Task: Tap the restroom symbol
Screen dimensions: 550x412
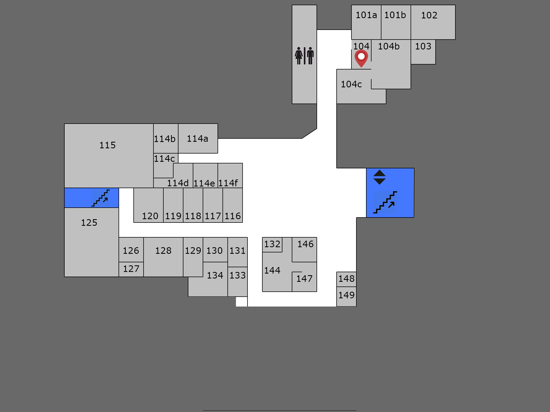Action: pos(304,56)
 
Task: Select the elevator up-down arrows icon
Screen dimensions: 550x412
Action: pos(380,177)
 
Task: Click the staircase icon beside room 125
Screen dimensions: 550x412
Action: pos(101,198)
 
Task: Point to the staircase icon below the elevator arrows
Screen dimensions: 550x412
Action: pos(385,202)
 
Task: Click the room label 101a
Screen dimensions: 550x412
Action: pos(366,15)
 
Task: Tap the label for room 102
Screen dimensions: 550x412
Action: pos(429,15)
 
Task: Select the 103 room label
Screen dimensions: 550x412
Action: pos(423,46)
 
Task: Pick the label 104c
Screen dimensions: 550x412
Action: pos(351,84)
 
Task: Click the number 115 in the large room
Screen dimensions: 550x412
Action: pos(108,145)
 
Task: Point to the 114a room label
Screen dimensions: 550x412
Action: pos(197,139)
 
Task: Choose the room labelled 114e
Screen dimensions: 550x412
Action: pos(204,183)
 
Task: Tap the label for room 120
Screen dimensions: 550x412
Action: pos(150,216)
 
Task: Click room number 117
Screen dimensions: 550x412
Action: pos(213,216)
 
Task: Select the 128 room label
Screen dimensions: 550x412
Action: pos(163,250)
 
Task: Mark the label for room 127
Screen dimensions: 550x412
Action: pos(131,269)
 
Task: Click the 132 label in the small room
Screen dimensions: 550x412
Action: pos(272,244)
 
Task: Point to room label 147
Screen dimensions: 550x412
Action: pos(304,279)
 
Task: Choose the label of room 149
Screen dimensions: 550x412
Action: pos(346,295)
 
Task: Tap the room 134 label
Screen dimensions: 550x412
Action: pos(215,275)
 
